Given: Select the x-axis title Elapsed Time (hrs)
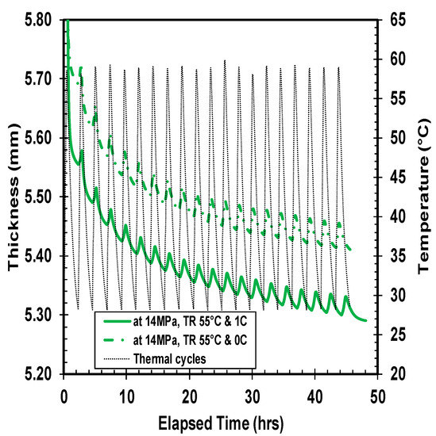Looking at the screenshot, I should coord(221,421).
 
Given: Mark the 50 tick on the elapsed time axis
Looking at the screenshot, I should coord(378,393).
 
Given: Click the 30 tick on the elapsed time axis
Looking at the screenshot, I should coord(253,393).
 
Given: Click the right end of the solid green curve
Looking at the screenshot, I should coord(365,320).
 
